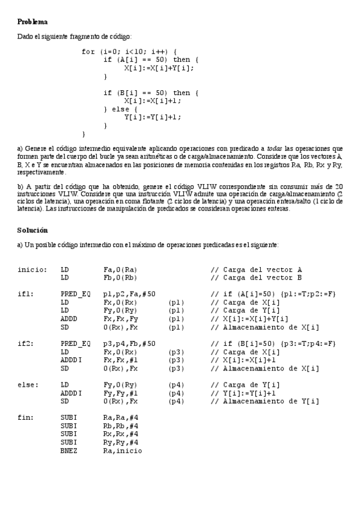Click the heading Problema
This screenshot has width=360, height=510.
(x=32, y=22)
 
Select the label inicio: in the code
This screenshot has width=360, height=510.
(x=32, y=269)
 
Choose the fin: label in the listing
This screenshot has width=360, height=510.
(x=25, y=417)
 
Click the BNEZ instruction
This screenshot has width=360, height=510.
(x=70, y=450)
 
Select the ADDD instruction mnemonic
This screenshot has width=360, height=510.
(x=70, y=319)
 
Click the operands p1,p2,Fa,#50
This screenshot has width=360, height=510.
(x=130, y=293)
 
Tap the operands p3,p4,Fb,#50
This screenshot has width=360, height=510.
(x=130, y=343)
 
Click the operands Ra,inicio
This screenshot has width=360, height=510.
(x=123, y=450)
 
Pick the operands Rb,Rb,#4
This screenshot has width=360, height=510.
(x=120, y=425)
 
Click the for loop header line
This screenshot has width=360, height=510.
(x=129, y=52)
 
